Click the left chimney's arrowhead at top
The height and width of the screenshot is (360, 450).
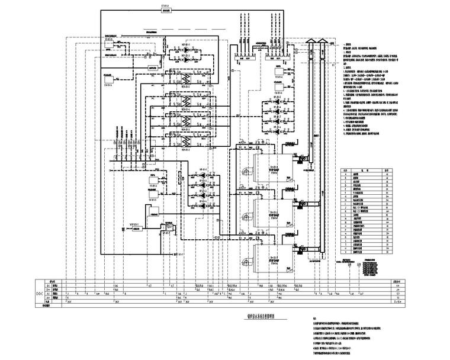point(311,41)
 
